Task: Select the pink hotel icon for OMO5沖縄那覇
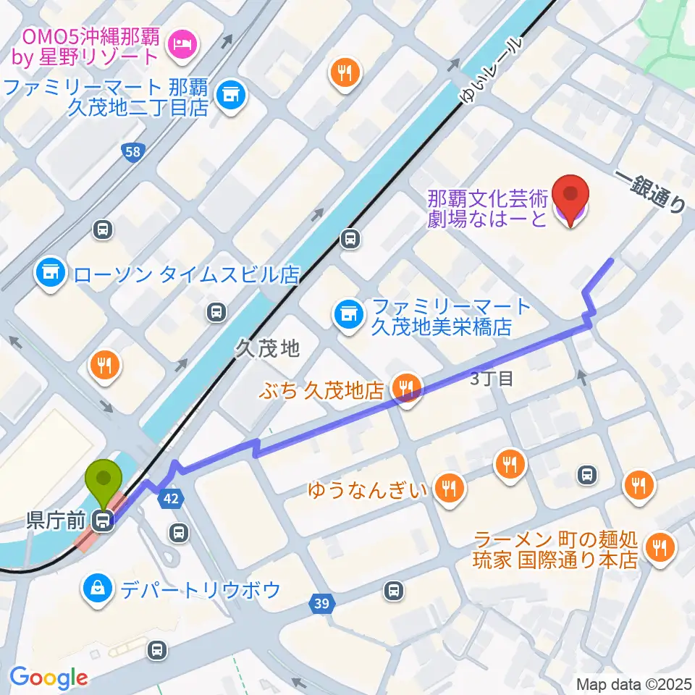coord(179,45)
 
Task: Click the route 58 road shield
coord(131,151)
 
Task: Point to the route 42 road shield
coord(171,499)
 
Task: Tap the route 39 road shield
coord(323,602)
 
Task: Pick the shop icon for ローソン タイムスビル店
coord(50,274)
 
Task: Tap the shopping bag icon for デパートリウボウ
coord(96,589)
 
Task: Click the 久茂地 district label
coord(266,350)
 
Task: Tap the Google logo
coord(49,678)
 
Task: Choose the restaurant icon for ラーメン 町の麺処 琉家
coord(659,548)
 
